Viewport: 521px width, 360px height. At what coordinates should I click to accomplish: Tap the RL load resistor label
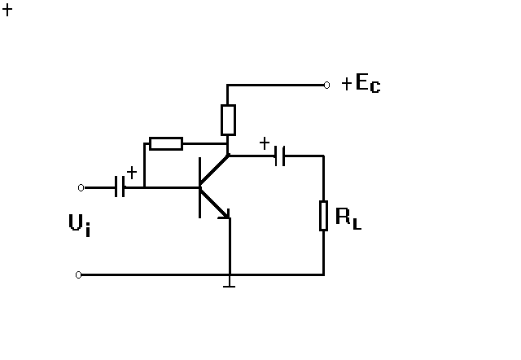(348, 217)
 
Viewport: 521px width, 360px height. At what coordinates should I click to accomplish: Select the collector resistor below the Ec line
(228, 120)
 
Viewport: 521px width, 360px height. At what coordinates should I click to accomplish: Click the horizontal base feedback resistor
(166, 144)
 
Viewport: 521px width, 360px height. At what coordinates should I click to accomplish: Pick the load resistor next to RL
(323, 215)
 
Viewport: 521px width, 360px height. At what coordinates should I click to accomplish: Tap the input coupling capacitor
(120, 187)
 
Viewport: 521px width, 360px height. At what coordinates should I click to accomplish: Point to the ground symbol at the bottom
(230, 283)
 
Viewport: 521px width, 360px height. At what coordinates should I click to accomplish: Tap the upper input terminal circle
(81, 187)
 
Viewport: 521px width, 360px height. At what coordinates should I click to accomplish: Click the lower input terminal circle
(79, 275)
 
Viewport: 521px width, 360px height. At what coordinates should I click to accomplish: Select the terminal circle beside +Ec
(326, 85)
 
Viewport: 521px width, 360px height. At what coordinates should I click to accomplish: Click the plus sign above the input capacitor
(132, 172)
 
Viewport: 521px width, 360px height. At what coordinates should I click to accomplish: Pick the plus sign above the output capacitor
(264, 144)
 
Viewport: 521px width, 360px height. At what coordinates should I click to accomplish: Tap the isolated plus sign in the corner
(8, 11)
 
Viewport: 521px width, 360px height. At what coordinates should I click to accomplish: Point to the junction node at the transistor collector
(229, 155)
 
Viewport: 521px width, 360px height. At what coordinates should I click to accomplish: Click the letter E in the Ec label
(363, 83)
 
